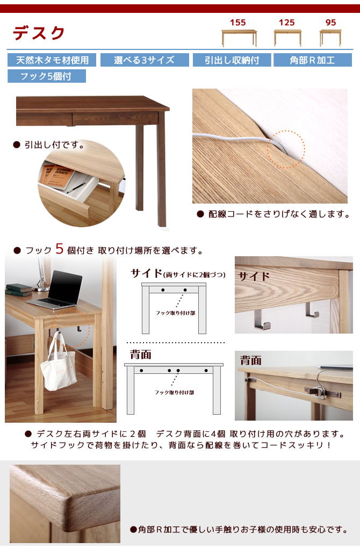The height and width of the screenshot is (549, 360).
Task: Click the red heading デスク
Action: pyautogui.click(x=39, y=33)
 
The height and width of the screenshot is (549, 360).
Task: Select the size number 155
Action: pyautogui.click(x=238, y=23)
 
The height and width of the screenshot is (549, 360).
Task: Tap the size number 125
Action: pyautogui.click(x=287, y=23)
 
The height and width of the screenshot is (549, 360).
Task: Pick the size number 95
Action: pyautogui.click(x=330, y=23)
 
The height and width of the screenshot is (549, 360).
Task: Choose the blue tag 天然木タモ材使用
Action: pyautogui.click(x=52, y=60)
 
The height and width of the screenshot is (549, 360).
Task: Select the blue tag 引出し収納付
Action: pyautogui.click(x=232, y=60)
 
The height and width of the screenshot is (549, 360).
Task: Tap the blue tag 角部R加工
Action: pyautogui.click(x=313, y=60)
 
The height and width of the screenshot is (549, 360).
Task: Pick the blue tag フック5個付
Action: pyautogui.click(x=46, y=76)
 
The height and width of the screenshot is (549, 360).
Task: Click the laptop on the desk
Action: pyautogui.click(x=56, y=291)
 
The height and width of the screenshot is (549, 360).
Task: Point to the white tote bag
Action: pyautogui.click(x=60, y=368)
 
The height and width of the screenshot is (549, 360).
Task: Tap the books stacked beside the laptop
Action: pyautogui.click(x=19, y=290)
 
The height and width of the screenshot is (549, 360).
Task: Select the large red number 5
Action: pyautogui.click(x=60, y=249)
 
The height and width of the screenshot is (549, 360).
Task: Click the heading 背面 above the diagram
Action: pyautogui.click(x=140, y=354)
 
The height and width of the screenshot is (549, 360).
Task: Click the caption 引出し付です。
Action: pyautogui.click(x=54, y=145)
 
